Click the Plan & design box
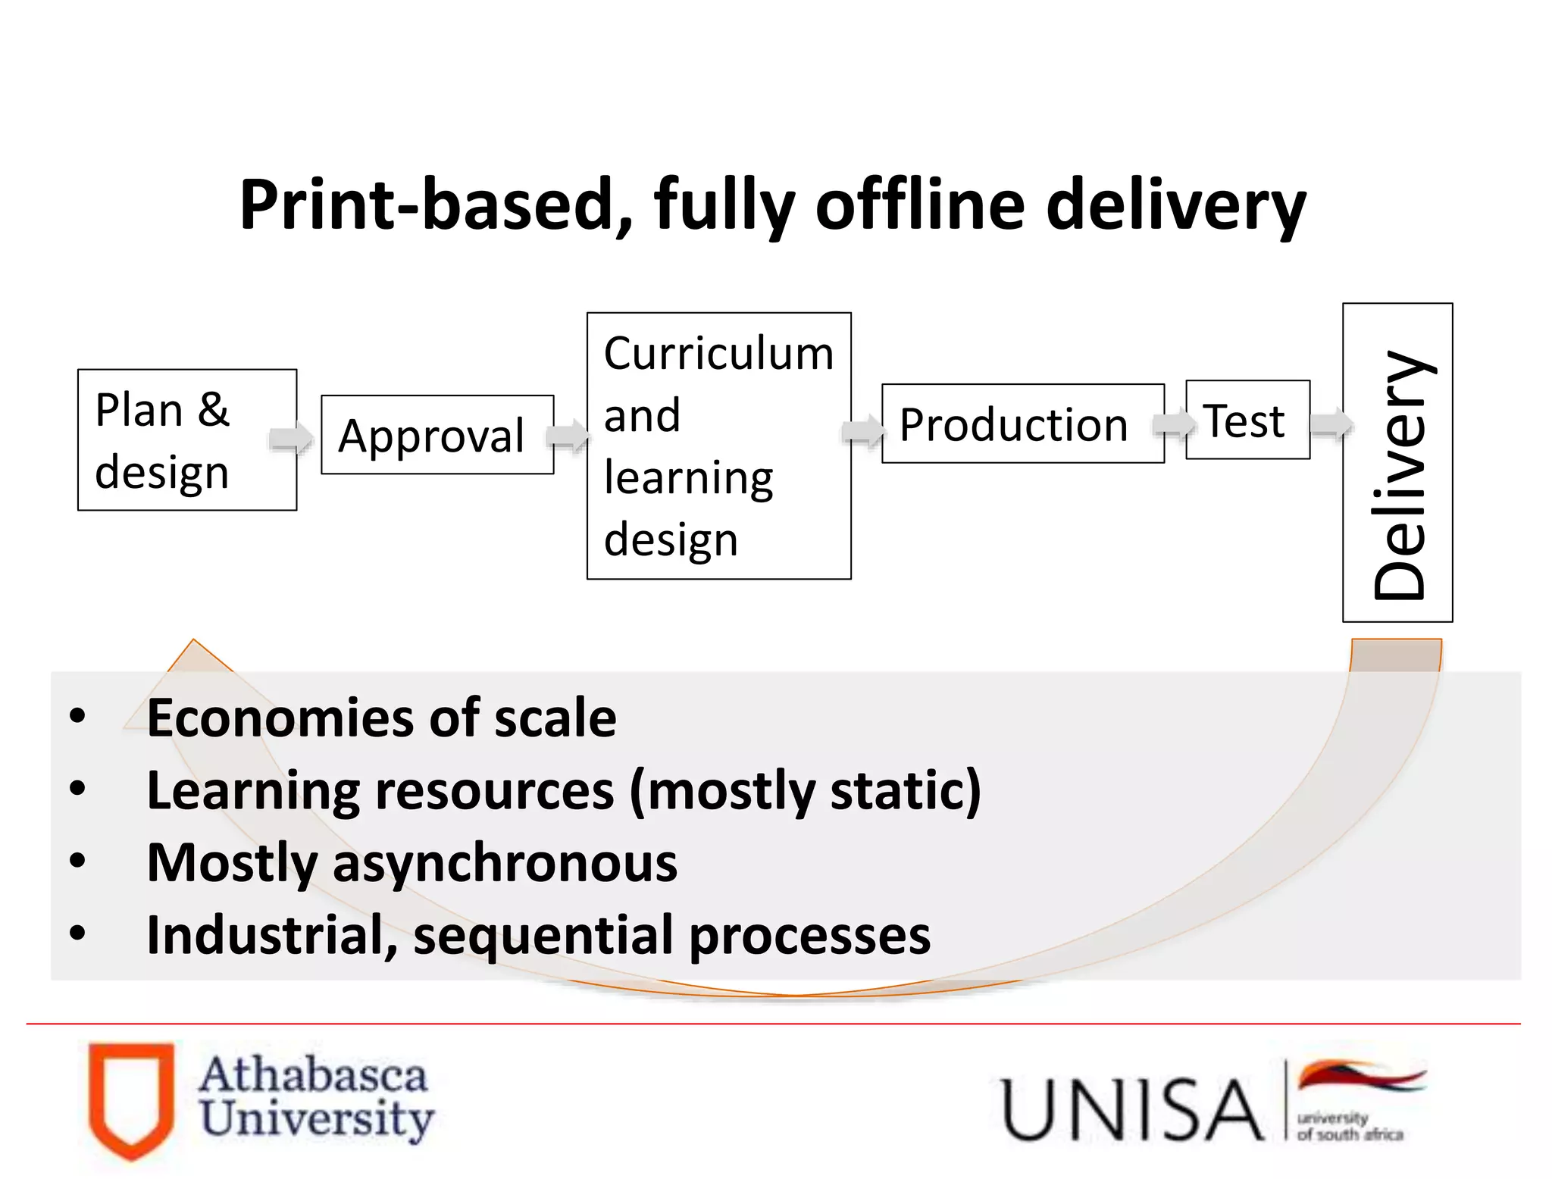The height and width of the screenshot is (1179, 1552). (x=186, y=440)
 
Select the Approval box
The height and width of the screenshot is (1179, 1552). (x=437, y=435)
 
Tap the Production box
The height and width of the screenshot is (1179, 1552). (x=1022, y=424)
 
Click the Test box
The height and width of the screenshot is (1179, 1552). (x=1247, y=420)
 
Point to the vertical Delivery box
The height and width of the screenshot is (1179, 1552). (x=1397, y=463)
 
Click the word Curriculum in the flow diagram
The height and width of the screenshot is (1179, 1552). (x=718, y=354)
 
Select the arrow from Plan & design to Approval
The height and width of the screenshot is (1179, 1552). (x=291, y=438)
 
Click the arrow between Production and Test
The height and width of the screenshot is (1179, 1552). (x=1173, y=424)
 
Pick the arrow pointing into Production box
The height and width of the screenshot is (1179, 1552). (x=863, y=432)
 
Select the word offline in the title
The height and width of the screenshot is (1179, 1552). (x=920, y=205)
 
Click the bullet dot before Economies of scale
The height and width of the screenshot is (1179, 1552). (x=77, y=716)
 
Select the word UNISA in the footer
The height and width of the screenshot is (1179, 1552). (x=1132, y=1110)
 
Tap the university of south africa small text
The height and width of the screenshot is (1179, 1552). (x=1349, y=1127)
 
